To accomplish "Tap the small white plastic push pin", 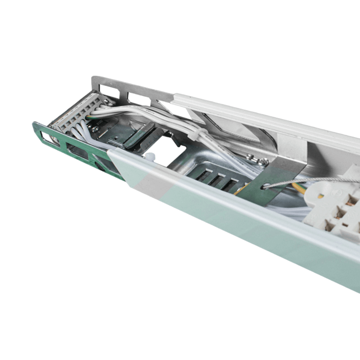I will pyautogui.click(x=150, y=157).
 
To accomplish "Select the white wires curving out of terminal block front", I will pyautogui.click(x=81, y=130).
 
